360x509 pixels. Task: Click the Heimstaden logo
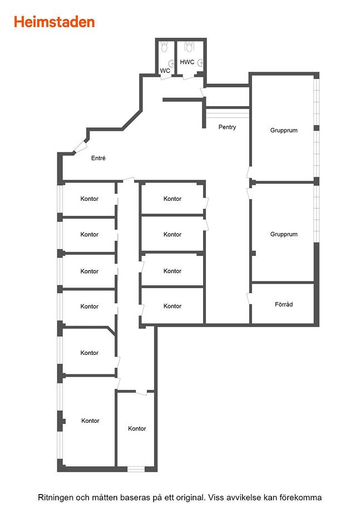pos(54,22)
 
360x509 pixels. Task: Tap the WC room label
pos(165,71)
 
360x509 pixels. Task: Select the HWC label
pos(187,62)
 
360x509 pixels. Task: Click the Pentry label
pos(227,127)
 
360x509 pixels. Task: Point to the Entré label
pos(98,158)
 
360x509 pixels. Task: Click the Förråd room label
pos(284,304)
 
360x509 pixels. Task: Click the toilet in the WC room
pos(164,47)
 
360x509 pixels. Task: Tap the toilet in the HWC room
pos(189,46)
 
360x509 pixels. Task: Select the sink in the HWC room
pos(201,63)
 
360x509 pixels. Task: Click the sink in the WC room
pos(171,63)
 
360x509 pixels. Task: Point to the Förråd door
pos(249,299)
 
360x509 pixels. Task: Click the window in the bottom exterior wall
pos(136,469)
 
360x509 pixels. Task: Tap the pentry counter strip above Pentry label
pos(228,113)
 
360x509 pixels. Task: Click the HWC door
pos(188,77)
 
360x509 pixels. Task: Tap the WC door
pos(166,77)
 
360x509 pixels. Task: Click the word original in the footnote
pos(189,498)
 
